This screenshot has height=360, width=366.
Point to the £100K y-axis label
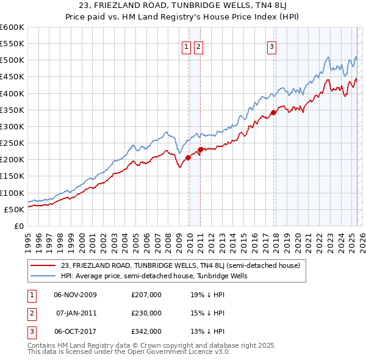(x=12, y=193)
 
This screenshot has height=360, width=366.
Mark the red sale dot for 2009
(x=188, y=157)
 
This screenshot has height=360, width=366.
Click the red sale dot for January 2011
(x=201, y=149)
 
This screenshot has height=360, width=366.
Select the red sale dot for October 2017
(x=274, y=112)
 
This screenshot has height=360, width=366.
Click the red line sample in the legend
(x=43, y=266)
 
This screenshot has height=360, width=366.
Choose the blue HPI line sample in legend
(x=43, y=276)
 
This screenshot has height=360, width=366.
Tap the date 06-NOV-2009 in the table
(x=76, y=295)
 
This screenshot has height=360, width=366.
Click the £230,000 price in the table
(x=146, y=313)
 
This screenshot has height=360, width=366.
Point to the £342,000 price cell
(x=146, y=331)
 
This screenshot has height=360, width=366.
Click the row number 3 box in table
(x=30, y=331)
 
